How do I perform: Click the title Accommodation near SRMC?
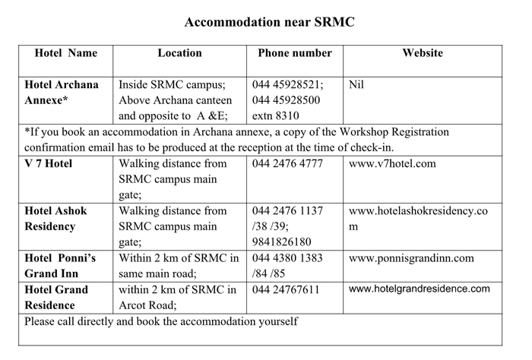(x=269, y=22)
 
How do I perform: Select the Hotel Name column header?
(x=66, y=53)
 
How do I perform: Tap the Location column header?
(x=179, y=53)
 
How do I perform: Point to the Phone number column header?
(x=295, y=53)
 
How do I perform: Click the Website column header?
(x=422, y=53)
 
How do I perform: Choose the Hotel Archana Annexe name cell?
(x=62, y=93)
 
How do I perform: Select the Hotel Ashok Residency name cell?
(x=62, y=218)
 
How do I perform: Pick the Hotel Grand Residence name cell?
(x=57, y=297)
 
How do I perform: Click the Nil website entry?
(x=356, y=85)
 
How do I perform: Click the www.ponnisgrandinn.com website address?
(x=411, y=258)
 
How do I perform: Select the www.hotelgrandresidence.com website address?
(x=420, y=289)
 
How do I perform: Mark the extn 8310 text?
(x=276, y=116)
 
